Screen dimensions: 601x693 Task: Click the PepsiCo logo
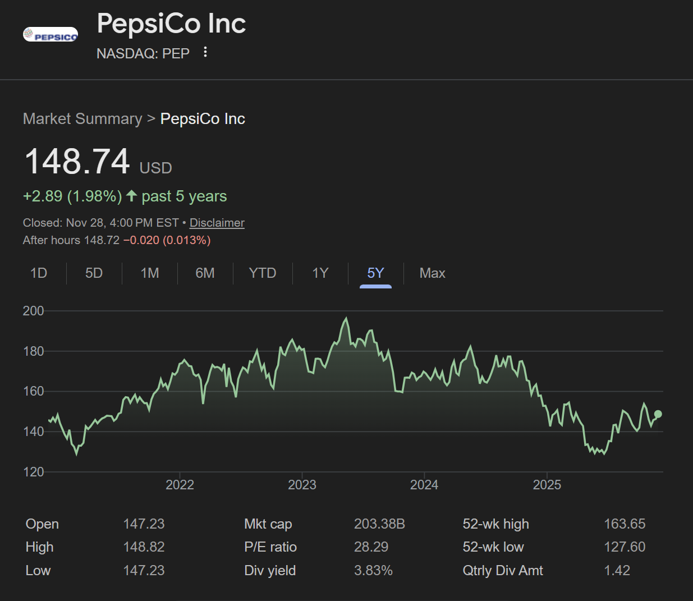tap(51, 35)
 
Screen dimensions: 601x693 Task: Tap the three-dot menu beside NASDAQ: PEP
tap(205, 52)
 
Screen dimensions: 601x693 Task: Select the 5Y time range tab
tap(375, 273)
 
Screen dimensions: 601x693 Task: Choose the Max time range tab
tap(432, 273)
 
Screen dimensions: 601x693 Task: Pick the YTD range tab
tap(262, 273)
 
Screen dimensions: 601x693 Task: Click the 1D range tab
tap(39, 273)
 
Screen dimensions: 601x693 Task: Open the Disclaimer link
tap(217, 223)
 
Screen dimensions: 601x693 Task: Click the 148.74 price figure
tap(77, 162)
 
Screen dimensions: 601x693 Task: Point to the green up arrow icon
tap(132, 196)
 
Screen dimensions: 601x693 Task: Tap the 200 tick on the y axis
tap(33, 311)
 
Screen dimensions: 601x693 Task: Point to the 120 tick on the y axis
tap(33, 472)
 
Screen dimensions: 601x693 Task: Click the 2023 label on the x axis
tap(302, 485)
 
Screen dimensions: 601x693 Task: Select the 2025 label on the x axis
tap(547, 485)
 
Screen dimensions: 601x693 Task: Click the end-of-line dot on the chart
tap(658, 414)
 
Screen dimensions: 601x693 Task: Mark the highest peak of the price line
tap(346, 319)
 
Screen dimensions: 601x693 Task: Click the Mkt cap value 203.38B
tap(379, 524)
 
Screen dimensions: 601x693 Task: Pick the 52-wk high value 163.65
tap(625, 524)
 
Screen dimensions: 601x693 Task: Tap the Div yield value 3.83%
tap(373, 571)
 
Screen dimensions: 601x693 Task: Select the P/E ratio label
tap(270, 547)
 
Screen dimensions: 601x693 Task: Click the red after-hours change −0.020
tap(141, 240)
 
